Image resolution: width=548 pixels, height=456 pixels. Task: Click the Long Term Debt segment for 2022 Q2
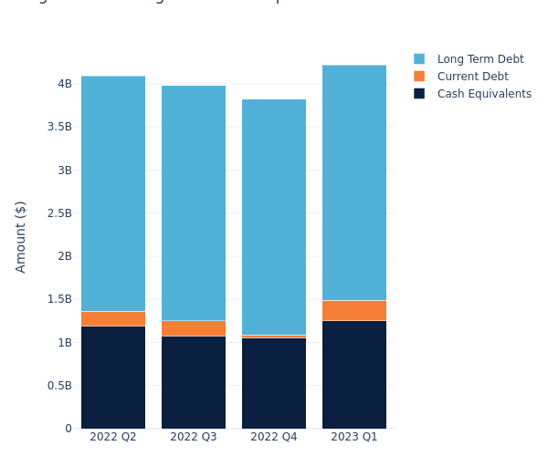[x=113, y=193]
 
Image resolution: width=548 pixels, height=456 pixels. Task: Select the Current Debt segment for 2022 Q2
[x=113, y=318]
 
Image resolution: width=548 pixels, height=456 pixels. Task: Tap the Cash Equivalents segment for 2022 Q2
[x=113, y=377]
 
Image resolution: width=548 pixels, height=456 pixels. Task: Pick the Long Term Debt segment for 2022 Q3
[x=194, y=202]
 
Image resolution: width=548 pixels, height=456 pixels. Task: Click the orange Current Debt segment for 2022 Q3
[x=194, y=328]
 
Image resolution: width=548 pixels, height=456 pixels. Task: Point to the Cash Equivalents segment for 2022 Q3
[x=194, y=382]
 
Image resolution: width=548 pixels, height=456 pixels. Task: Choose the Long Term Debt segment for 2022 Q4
[x=274, y=217]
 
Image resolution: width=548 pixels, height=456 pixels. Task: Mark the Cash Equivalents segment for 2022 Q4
[x=274, y=383]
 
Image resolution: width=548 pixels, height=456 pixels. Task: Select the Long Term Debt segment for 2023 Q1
[x=354, y=182]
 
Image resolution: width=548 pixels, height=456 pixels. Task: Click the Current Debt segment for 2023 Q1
[x=354, y=310]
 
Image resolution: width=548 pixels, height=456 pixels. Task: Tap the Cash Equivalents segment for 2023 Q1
[x=354, y=374]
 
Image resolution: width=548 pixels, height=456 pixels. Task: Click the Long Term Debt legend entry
[x=479, y=59]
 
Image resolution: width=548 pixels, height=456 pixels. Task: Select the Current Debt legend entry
[x=472, y=77]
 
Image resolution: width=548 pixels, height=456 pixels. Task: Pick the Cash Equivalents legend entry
[x=483, y=94]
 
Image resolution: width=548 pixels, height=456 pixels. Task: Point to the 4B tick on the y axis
[x=65, y=84]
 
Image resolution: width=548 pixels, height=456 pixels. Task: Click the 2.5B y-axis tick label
[x=59, y=213]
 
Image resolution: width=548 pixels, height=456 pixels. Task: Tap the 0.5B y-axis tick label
[x=59, y=386]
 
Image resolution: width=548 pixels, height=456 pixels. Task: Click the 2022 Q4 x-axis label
[x=274, y=437]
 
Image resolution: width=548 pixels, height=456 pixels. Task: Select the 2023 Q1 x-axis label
[x=354, y=437]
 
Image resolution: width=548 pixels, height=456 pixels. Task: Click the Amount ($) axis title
[x=21, y=236]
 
